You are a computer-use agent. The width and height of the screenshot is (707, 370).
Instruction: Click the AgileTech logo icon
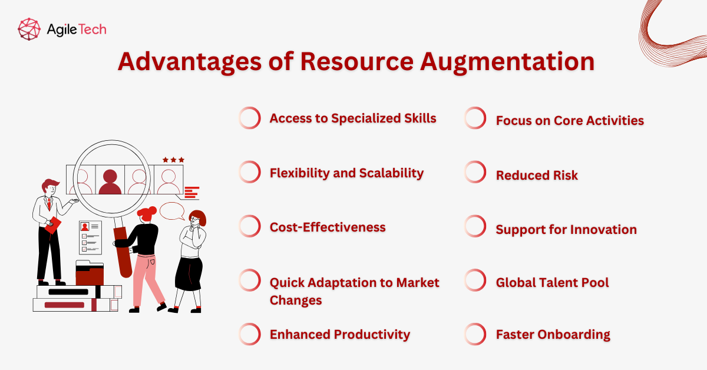click(x=29, y=29)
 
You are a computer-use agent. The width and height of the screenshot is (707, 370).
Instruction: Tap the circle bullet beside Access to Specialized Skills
click(x=250, y=118)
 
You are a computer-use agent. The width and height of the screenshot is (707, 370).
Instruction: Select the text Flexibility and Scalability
click(x=346, y=173)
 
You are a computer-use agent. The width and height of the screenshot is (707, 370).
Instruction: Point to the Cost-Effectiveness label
click(x=328, y=227)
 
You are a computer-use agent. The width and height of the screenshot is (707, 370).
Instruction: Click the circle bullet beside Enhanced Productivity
click(x=250, y=334)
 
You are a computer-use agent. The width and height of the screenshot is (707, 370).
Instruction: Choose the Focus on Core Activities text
click(x=570, y=120)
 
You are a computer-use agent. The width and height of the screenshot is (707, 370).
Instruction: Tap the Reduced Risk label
click(x=537, y=175)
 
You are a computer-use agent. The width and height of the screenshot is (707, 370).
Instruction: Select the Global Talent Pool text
click(x=552, y=282)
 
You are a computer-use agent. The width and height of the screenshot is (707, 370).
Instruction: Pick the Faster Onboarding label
click(x=553, y=334)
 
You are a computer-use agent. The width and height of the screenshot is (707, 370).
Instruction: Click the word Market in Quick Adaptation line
click(x=418, y=282)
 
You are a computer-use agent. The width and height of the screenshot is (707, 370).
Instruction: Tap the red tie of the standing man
click(x=49, y=203)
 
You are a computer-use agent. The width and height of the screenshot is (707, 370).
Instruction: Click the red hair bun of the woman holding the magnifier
click(x=152, y=210)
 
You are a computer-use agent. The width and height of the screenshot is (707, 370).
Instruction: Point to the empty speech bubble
click(x=172, y=210)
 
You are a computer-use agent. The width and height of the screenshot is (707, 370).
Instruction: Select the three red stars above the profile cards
click(x=174, y=160)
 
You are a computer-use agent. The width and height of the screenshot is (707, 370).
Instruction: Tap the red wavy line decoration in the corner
click(x=672, y=29)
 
